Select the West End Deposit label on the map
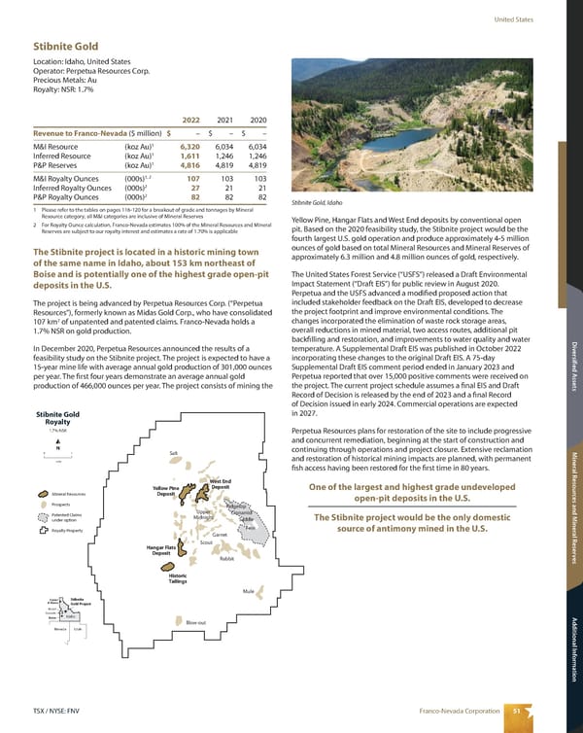pos(220,483)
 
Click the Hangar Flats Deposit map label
pos(161,552)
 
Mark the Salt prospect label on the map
pos(173,453)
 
